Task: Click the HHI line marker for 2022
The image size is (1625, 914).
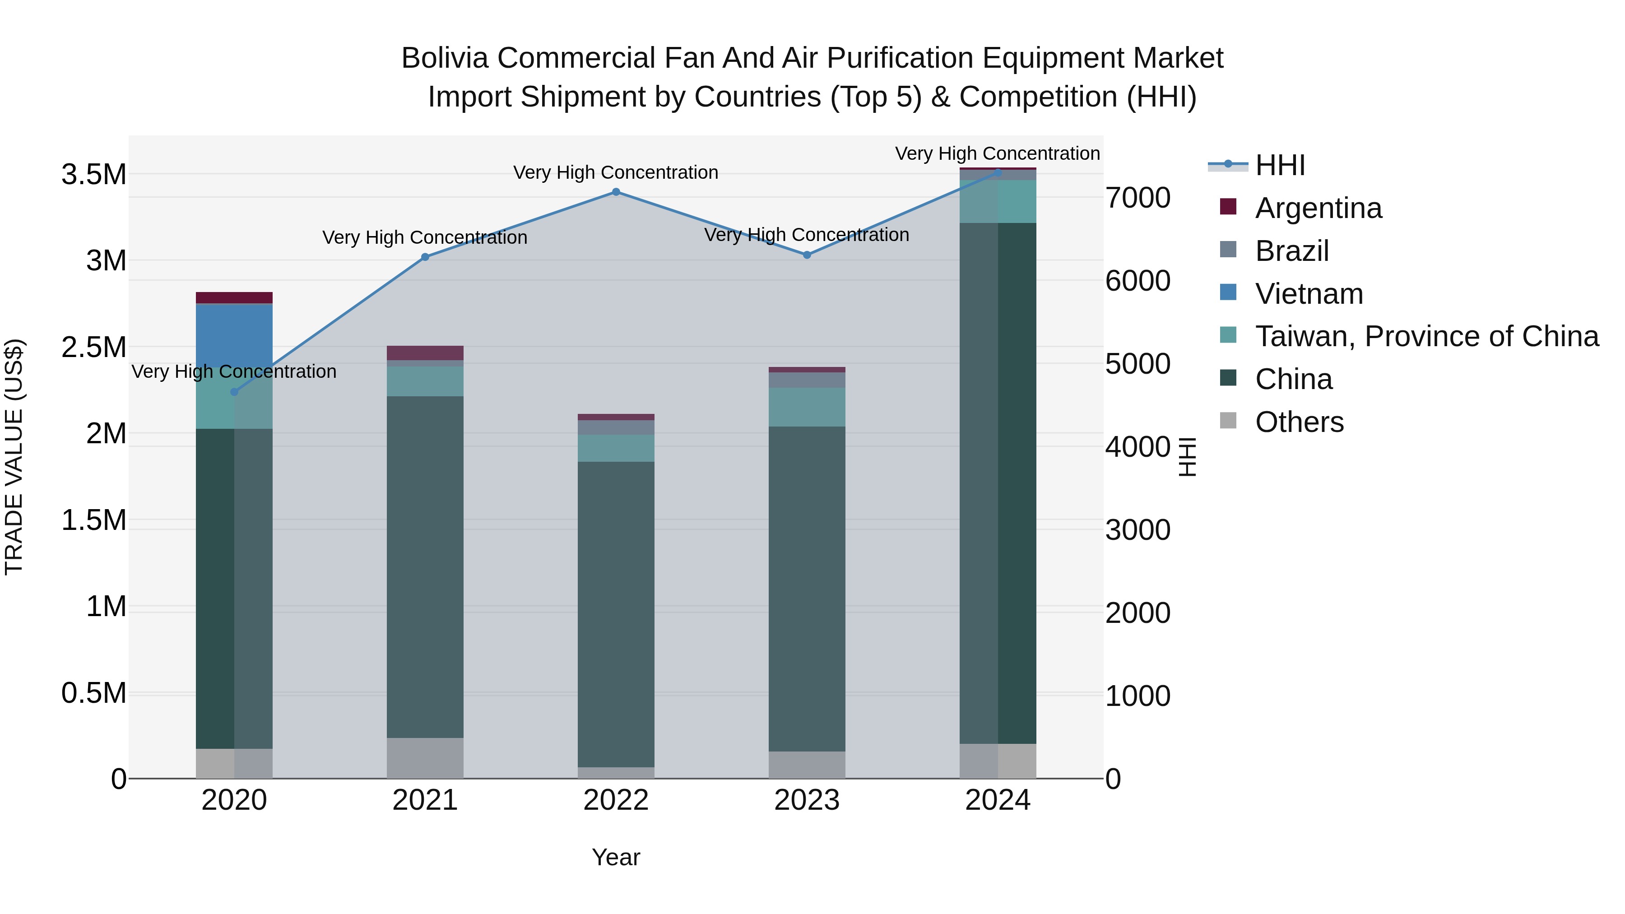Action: pos(616,192)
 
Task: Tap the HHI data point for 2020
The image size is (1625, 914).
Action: pos(234,392)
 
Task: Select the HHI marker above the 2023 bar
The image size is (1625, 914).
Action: pos(807,255)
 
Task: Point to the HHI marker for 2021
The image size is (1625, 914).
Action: pos(425,257)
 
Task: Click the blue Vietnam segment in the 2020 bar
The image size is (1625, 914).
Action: pos(234,335)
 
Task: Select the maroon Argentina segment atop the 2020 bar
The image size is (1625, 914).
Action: pos(234,298)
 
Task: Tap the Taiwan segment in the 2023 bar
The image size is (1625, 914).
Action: pos(807,407)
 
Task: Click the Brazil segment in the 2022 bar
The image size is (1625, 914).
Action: pos(616,427)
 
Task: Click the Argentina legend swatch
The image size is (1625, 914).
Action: pos(1228,207)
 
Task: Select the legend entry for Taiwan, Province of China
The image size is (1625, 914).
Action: pos(1425,336)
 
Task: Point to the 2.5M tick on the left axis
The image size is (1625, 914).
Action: pos(94,348)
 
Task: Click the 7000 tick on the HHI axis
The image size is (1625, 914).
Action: pos(1137,197)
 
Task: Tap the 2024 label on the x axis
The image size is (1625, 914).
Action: pos(997,800)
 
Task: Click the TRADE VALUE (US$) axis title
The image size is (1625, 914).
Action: pos(14,457)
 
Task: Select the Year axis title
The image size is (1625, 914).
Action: pos(616,857)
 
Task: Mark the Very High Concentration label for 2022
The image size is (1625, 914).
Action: pos(616,172)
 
